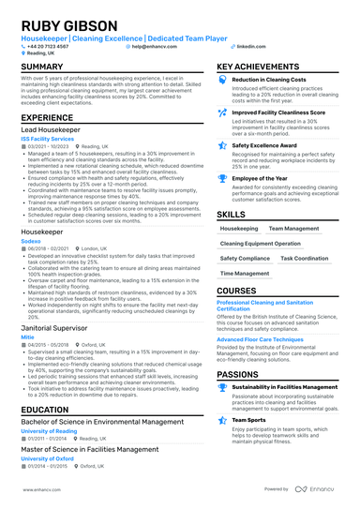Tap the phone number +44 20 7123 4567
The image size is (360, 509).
[x=48, y=45]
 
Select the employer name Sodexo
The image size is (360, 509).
[x=33, y=239]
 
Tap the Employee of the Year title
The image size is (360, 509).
[x=262, y=177]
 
